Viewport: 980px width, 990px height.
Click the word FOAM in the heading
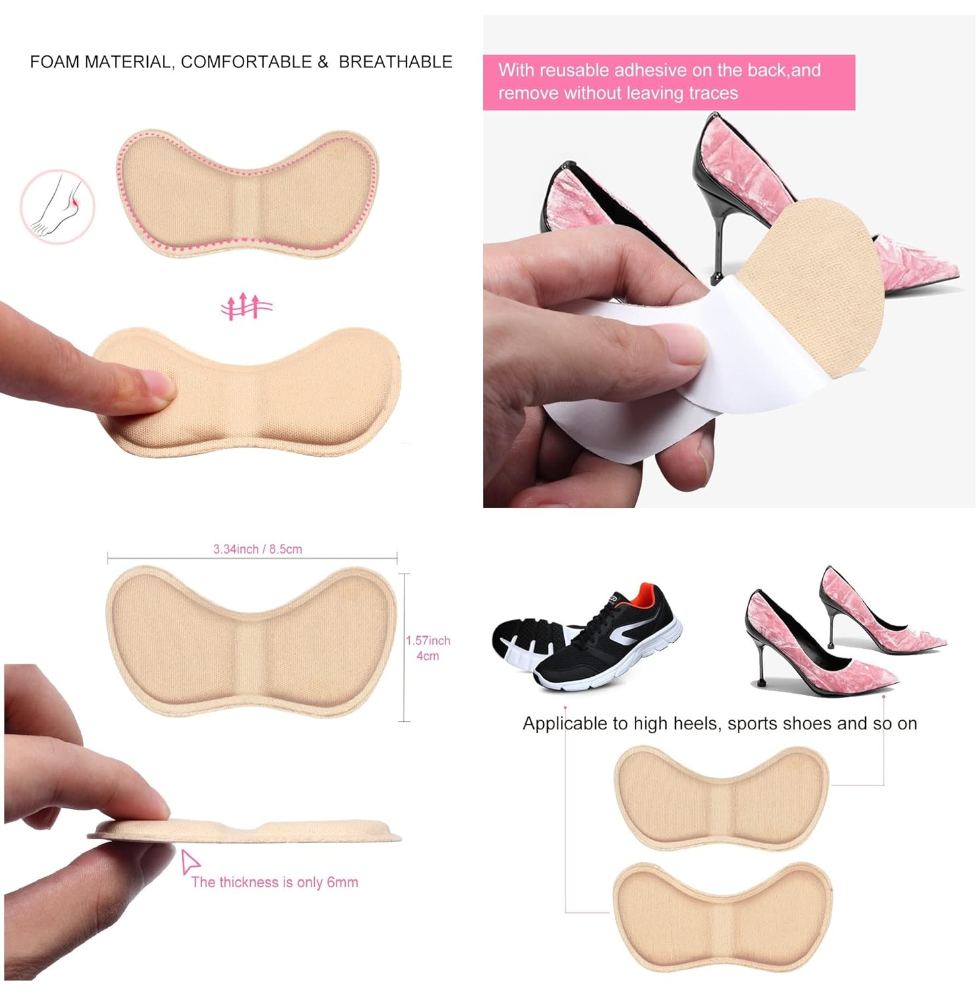(55, 62)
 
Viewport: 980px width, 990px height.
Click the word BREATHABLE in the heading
(395, 62)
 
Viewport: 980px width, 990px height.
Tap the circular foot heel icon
(57, 206)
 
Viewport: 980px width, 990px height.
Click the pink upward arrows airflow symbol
(246, 306)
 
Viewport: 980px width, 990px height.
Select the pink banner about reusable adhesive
(668, 82)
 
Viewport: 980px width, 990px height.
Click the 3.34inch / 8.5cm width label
(257, 549)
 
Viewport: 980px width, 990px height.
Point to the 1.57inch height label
(428, 641)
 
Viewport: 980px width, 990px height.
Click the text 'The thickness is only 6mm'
(275, 882)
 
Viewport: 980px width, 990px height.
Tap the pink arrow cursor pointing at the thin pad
(190, 861)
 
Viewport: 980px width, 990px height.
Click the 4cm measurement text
(428, 656)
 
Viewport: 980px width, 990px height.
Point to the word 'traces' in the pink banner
(711, 93)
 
